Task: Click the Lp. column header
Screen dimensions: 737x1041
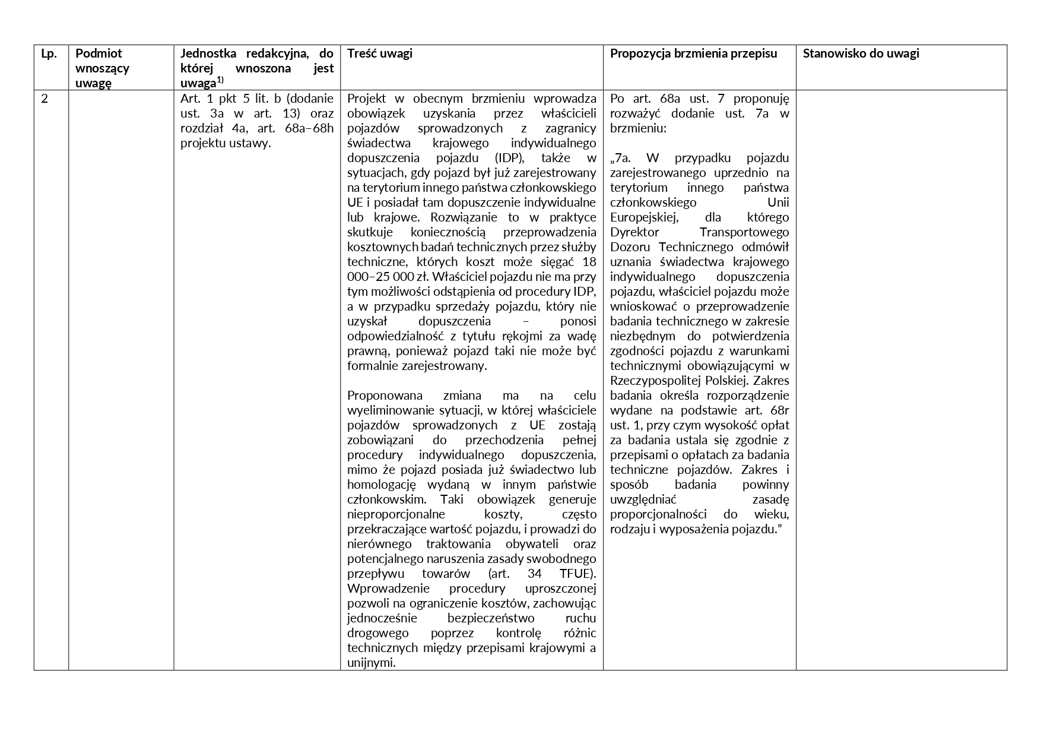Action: tap(49, 53)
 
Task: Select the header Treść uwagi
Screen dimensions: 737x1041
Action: tap(380, 53)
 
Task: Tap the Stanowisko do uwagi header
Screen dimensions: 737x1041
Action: tap(861, 53)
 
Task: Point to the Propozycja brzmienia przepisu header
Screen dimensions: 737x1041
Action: tap(693, 53)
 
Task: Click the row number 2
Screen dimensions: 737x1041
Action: tap(45, 99)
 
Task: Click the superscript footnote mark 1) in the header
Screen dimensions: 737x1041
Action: tap(220, 80)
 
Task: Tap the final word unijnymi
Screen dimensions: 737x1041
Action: tap(371, 663)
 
